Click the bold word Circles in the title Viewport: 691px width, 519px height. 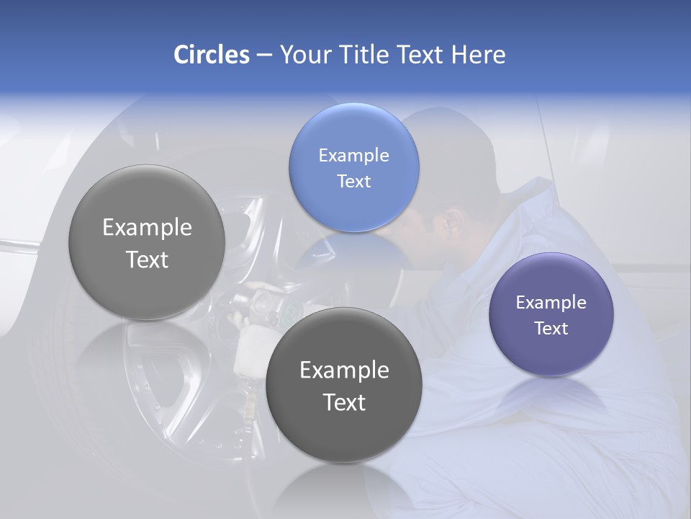pyautogui.click(x=212, y=55)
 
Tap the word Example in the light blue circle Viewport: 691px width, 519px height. pyautogui.click(x=353, y=156)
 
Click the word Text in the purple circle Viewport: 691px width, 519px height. pyautogui.click(x=551, y=329)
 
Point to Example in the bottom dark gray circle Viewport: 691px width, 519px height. pyautogui.click(x=344, y=371)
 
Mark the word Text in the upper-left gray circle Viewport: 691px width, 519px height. pyautogui.click(x=147, y=259)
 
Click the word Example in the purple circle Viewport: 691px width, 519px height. pyautogui.click(x=551, y=303)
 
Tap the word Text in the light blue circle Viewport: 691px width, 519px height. pyautogui.click(x=353, y=182)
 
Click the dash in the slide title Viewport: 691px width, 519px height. pyautogui.click(x=263, y=55)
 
